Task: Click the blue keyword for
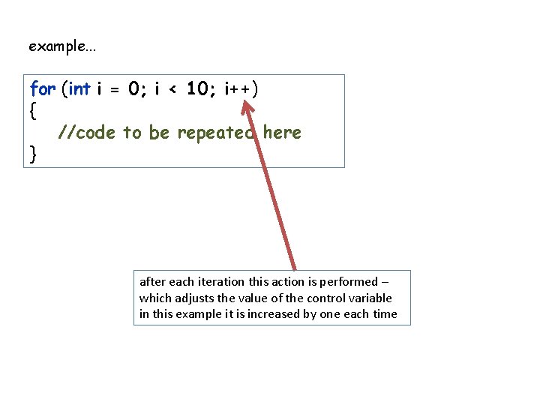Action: (x=43, y=89)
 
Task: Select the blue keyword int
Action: (x=79, y=89)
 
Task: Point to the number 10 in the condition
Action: (x=197, y=89)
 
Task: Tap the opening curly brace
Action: (x=33, y=110)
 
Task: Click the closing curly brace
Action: (x=33, y=154)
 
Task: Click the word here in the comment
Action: (x=282, y=133)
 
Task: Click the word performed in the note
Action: (x=349, y=282)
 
